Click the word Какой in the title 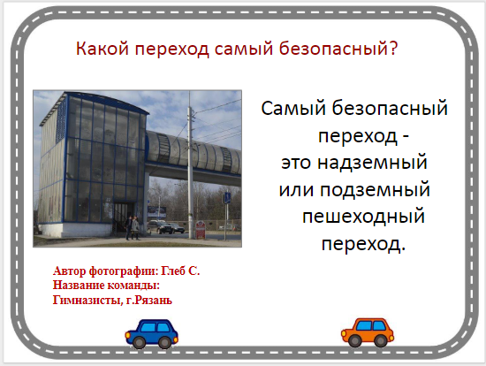click(x=103, y=49)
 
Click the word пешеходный click(x=363, y=217)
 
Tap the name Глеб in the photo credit click(x=172, y=271)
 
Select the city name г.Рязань click(x=148, y=301)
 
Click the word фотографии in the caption click(x=124, y=271)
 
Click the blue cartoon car click(x=152, y=333)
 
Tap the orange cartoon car click(x=368, y=332)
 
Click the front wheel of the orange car click(x=353, y=340)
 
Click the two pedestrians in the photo click(x=133, y=228)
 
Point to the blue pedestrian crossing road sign click(x=227, y=198)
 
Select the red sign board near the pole click(x=201, y=230)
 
